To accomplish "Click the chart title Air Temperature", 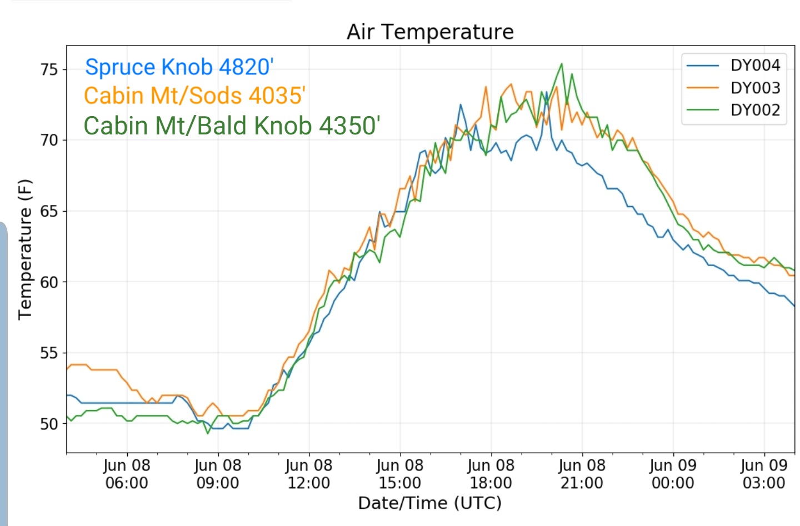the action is (x=430, y=32).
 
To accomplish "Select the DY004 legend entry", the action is (x=733, y=66).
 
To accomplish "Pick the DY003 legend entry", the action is (x=733, y=88).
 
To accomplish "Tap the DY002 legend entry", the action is (x=733, y=110).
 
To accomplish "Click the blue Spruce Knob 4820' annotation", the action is (x=179, y=67).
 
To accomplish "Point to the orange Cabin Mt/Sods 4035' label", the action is (x=194, y=96).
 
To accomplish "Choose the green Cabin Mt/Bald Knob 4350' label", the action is (x=232, y=126).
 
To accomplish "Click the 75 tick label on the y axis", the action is (x=49, y=69).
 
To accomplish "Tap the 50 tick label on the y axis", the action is (x=49, y=424).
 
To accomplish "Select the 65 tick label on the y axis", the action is (x=49, y=212).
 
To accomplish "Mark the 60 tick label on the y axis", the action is (x=49, y=282).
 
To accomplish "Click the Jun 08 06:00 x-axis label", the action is (x=127, y=474).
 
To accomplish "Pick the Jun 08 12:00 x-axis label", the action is (x=309, y=474).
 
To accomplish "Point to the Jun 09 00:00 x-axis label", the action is (x=673, y=474).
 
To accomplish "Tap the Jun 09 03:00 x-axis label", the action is (x=764, y=474).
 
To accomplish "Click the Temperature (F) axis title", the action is (x=25, y=249).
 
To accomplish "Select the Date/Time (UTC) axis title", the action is (x=430, y=503).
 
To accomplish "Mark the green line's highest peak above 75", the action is (x=562, y=64).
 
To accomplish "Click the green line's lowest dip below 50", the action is (x=208, y=433).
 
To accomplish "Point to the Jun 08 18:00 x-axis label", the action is (x=491, y=474).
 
